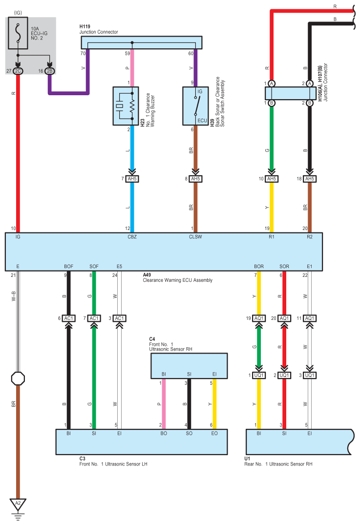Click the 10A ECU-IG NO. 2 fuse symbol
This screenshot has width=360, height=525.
pyautogui.click(x=18, y=33)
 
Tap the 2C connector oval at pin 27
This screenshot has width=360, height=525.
pyautogui.click(x=18, y=71)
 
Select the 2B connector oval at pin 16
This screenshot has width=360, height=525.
pyautogui.click(x=49, y=71)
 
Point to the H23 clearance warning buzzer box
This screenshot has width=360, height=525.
pyautogui.click(x=126, y=106)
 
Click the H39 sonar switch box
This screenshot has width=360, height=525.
pyautogui.click(x=195, y=106)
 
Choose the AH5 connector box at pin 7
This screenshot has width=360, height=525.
pyautogui.click(x=132, y=179)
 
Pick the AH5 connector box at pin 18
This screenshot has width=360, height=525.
pyautogui.click(x=309, y=179)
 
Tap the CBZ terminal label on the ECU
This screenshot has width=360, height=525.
pyautogui.click(x=132, y=237)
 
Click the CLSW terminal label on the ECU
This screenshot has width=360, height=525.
pyautogui.click(x=195, y=237)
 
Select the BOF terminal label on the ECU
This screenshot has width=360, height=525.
pyautogui.click(x=69, y=267)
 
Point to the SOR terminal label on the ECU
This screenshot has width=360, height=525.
pyautogui.click(x=284, y=267)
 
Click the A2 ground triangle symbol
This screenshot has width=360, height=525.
pyautogui.click(x=18, y=504)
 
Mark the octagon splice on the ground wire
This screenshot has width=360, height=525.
pyautogui.click(x=18, y=378)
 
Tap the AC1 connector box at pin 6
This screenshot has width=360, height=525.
pyautogui.click(x=69, y=318)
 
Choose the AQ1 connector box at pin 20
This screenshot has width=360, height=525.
pyautogui.click(x=284, y=318)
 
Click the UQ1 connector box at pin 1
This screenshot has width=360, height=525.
pyautogui.click(x=259, y=376)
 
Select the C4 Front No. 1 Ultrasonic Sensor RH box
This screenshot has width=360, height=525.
pyautogui.click(x=189, y=366)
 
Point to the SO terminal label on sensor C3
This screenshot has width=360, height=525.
pyautogui.click(x=189, y=433)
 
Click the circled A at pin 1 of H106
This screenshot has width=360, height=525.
pyautogui.click(x=272, y=84)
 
